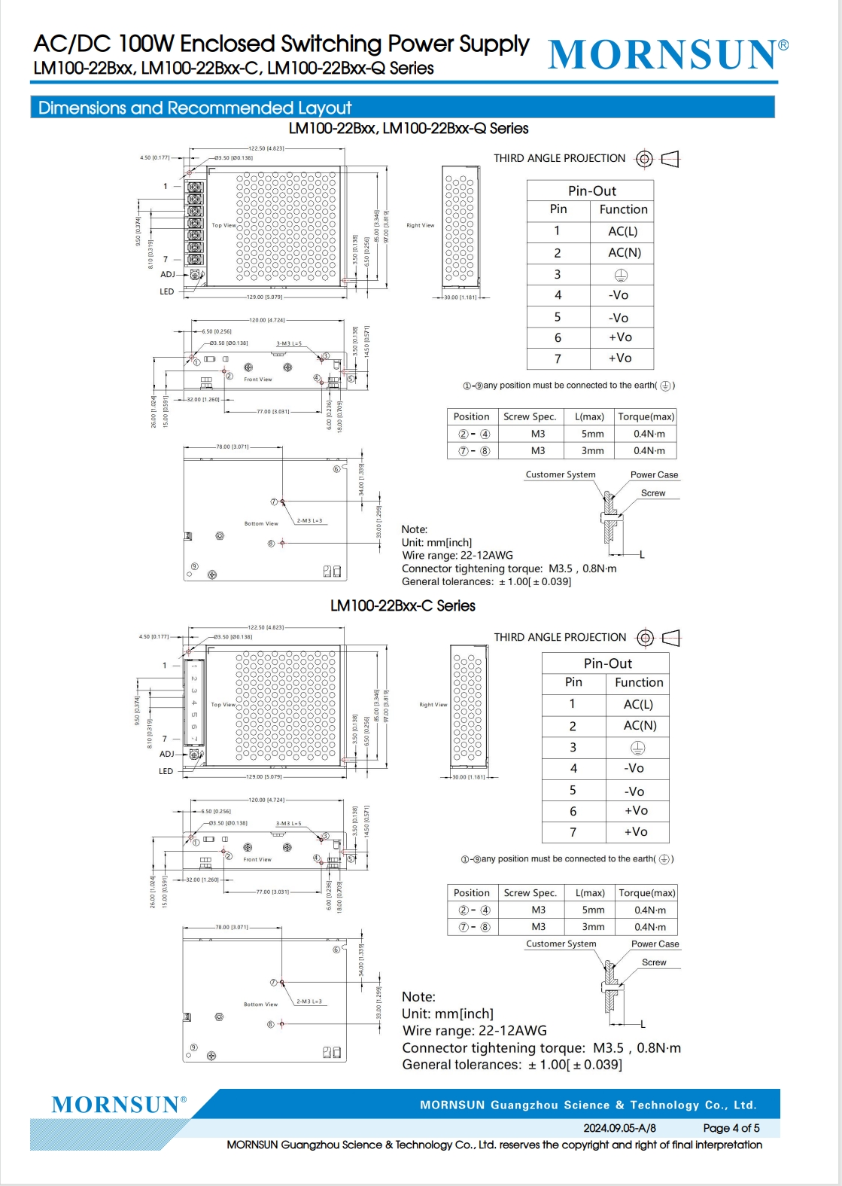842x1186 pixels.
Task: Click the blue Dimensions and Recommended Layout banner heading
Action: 195,108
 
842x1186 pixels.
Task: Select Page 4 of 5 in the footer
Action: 731,1128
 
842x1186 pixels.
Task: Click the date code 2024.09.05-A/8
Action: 619,1128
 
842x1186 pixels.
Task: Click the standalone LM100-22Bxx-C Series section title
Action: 403,605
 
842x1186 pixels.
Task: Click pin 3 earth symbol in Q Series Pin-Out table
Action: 621,275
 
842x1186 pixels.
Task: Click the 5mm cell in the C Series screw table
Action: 592,910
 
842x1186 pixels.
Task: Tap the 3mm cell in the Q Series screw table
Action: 592,450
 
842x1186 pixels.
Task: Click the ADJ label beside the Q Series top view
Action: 167,274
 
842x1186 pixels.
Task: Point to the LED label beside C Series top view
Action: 166,771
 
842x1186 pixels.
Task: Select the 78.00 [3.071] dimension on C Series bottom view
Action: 232,927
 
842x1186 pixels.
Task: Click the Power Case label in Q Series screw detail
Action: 654,474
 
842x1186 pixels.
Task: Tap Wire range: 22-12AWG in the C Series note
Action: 474,1031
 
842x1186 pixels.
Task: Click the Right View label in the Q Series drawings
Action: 420,225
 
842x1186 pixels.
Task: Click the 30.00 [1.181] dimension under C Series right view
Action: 468,776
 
